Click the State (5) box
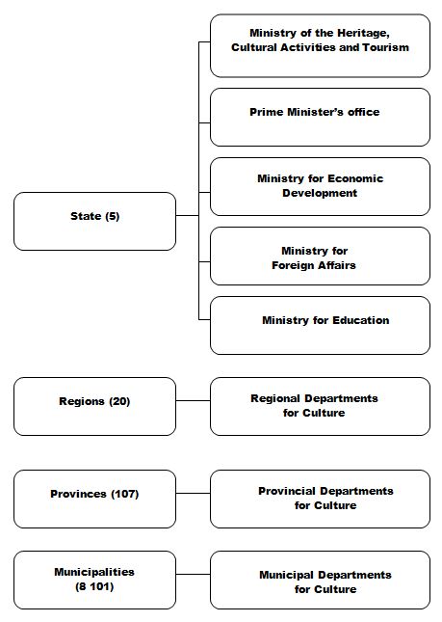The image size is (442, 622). [94, 222]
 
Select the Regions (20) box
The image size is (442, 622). [94, 406]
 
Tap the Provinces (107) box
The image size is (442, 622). [94, 499]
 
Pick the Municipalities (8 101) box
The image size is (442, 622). [94, 580]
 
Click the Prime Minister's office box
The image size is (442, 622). [320, 117]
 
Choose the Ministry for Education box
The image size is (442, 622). [320, 325]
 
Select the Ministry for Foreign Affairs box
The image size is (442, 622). [320, 256]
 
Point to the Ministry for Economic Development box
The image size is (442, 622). [320, 186]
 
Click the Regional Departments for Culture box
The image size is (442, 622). [320, 406]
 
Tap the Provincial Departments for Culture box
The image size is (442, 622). [320, 499]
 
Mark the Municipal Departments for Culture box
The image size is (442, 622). [320, 580]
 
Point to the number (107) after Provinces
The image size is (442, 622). [125, 494]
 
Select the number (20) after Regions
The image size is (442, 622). [119, 401]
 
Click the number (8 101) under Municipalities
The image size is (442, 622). [94, 586]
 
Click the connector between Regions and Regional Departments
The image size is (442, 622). [193, 400]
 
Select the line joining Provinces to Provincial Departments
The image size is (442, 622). [193, 494]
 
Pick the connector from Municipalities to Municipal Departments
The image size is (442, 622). [193, 574]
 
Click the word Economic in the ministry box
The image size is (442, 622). [355, 178]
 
